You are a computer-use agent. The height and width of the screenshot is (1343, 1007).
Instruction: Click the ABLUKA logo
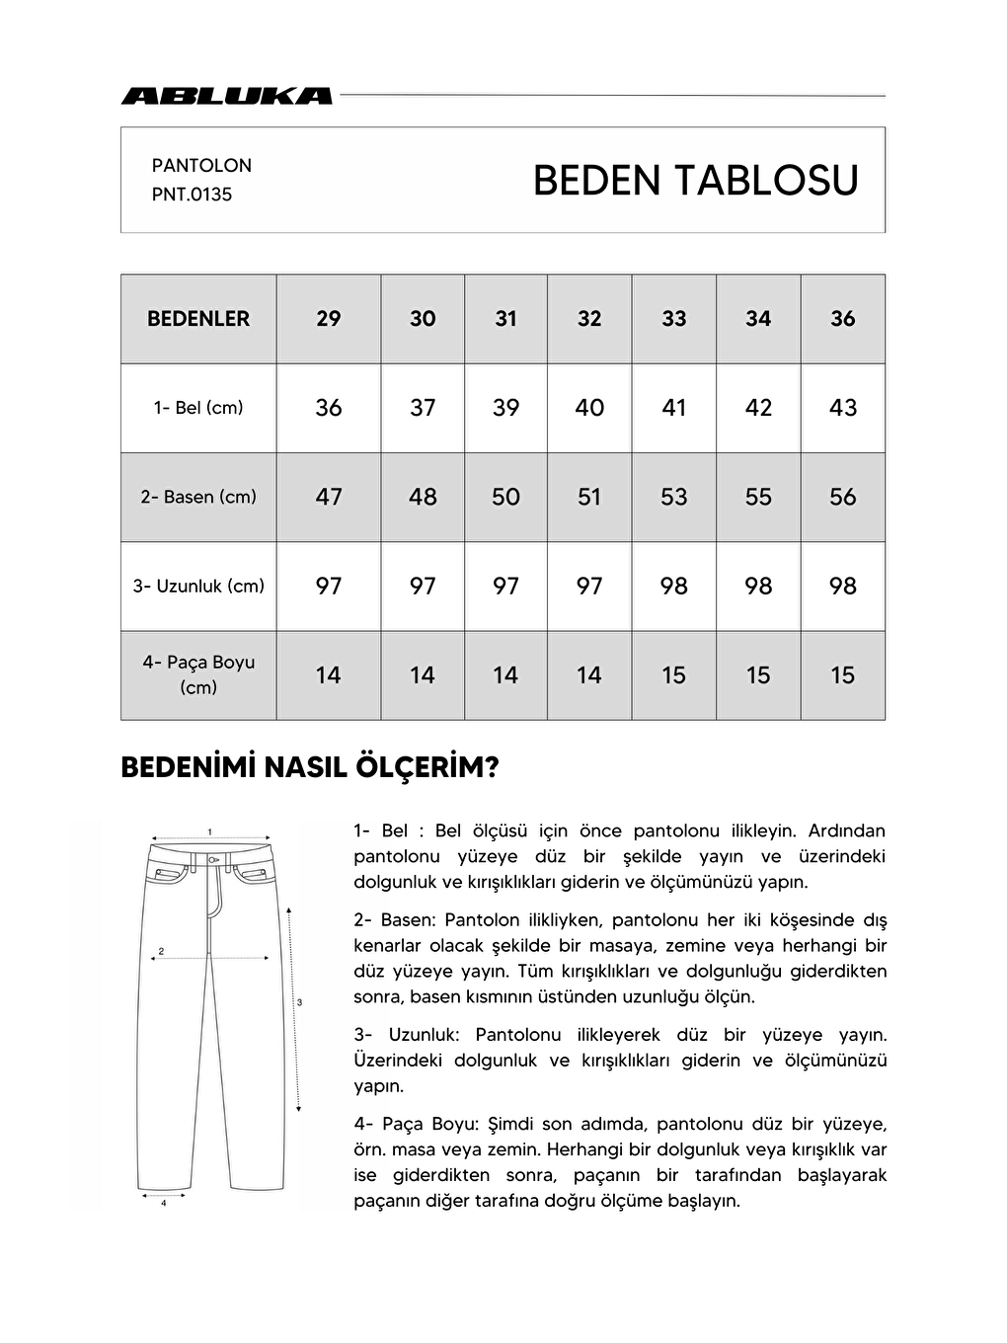(x=226, y=96)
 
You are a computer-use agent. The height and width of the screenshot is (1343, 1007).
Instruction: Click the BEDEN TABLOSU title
(x=695, y=181)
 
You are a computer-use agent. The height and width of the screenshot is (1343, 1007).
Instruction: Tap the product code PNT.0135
(x=192, y=195)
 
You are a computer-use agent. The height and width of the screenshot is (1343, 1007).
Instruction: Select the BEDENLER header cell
(x=198, y=319)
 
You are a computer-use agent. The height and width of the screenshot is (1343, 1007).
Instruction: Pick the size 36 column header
(x=842, y=319)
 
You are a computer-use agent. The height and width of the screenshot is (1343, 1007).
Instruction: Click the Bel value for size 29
(x=329, y=408)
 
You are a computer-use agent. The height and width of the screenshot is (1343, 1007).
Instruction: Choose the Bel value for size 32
(x=589, y=408)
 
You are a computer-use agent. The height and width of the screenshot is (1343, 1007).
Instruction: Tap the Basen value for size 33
(x=673, y=497)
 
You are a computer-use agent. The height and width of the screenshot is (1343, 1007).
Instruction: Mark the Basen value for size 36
(x=842, y=497)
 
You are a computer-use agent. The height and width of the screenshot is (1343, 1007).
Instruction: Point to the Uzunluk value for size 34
(x=758, y=586)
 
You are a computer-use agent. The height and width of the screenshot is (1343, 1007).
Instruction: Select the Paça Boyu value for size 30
(x=423, y=675)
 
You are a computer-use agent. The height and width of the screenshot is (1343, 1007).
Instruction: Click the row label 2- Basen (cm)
(x=198, y=497)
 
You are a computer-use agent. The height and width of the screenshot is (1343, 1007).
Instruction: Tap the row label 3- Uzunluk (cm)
(x=198, y=586)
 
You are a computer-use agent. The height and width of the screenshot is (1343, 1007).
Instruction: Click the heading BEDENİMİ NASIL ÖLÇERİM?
(x=309, y=768)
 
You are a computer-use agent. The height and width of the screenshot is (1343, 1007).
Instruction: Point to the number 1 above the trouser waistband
(x=210, y=830)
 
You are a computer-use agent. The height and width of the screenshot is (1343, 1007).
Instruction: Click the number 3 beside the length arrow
(x=299, y=1002)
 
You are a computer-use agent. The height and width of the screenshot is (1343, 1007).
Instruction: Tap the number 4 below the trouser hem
(x=163, y=1203)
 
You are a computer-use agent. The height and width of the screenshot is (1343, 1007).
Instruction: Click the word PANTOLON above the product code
(x=201, y=166)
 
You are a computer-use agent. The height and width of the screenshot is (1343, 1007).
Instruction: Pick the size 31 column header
(x=505, y=319)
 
